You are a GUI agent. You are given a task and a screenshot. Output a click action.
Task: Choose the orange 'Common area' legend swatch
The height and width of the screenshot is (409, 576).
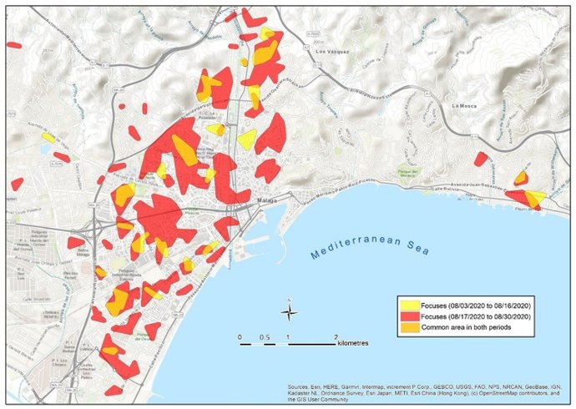[412, 327]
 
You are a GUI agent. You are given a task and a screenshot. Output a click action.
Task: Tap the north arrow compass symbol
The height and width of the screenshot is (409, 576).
[289, 312]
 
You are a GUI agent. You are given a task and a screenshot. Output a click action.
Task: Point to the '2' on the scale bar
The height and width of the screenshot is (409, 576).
[336, 336]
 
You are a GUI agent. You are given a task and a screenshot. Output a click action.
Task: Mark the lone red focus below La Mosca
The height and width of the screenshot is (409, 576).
[481, 159]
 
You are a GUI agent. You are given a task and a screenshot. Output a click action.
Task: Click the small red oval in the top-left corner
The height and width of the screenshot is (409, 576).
[14, 45]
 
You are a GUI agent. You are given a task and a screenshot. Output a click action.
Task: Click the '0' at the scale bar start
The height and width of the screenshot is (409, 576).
[240, 336]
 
